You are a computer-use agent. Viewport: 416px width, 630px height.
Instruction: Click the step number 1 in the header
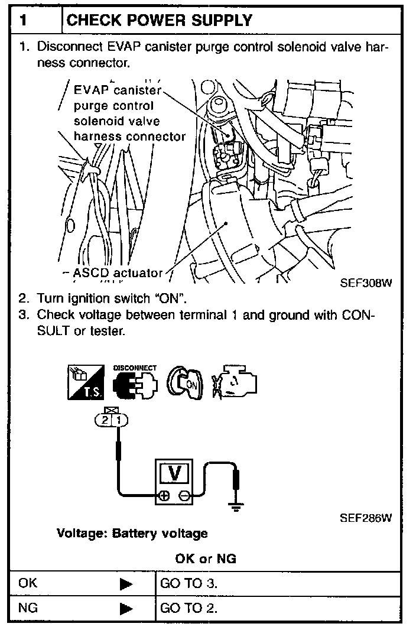tap(23, 21)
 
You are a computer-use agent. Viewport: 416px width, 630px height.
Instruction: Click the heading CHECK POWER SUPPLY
tap(160, 21)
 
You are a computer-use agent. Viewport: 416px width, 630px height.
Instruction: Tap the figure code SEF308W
tap(366, 282)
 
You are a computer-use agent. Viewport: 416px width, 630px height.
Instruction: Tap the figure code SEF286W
tap(366, 518)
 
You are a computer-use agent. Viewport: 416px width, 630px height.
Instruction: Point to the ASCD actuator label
tap(118, 273)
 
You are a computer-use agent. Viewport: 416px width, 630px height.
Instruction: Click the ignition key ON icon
tap(184, 381)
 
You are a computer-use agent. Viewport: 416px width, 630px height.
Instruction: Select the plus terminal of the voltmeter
tap(165, 495)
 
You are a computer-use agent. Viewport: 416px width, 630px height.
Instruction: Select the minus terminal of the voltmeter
tap(184, 495)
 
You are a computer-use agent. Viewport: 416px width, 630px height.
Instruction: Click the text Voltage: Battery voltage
tap(132, 534)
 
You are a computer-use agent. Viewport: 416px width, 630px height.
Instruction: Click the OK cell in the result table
tap(28, 583)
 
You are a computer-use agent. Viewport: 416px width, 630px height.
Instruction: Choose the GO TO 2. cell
tap(188, 608)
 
